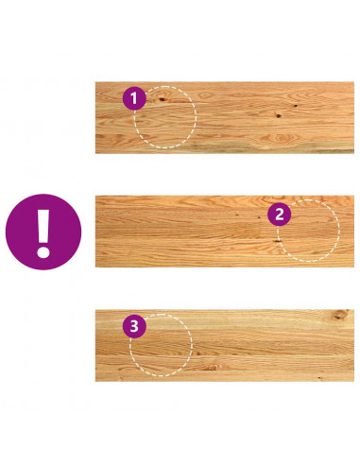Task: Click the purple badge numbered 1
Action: pyautogui.click(x=134, y=98)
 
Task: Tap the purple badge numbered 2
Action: pyautogui.click(x=279, y=215)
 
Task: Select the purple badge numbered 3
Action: pyautogui.click(x=134, y=326)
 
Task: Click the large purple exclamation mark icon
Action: pyautogui.click(x=43, y=232)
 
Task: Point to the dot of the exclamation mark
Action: pyautogui.click(x=43, y=252)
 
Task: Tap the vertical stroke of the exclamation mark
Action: pyautogui.click(x=43, y=226)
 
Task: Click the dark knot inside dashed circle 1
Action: pyautogui.click(x=163, y=99)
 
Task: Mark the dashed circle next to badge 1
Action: pyautogui.click(x=196, y=117)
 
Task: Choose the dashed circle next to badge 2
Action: pyautogui.click(x=339, y=231)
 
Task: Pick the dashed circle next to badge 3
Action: pyautogui.click(x=192, y=345)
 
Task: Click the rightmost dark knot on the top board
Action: pyautogui.click(x=296, y=106)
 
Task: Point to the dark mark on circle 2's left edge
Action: pyautogui.click(x=278, y=241)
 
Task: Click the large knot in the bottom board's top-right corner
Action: pyautogui.click(x=340, y=315)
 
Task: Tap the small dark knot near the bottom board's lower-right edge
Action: pyautogui.click(x=319, y=377)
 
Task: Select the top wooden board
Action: pyautogui.click(x=225, y=117)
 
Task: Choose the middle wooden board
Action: pyautogui.click(x=225, y=232)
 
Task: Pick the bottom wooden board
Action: pyautogui.click(x=225, y=346)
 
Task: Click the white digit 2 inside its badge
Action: pyautogui.click(x=280, y=215)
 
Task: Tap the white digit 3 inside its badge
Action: pyautogui.click(x=134, y=326)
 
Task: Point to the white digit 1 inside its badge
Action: pyautogui.click(x=134, y=98)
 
